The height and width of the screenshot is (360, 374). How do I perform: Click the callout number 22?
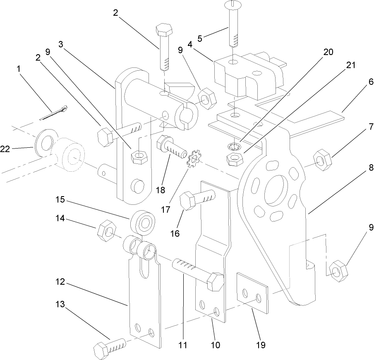coord(5,150)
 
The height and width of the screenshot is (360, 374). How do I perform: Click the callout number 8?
coord(370,168)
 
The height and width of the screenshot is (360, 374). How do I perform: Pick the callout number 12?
coord(60,282)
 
